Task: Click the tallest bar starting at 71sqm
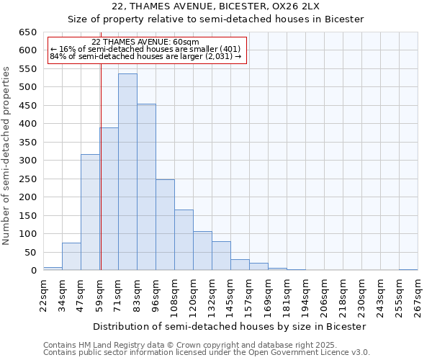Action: pos(127,172)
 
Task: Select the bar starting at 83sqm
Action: pos(146,187)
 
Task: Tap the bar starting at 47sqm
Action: pos(90,212)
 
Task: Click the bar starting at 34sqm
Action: pos(71,256)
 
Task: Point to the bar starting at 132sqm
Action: pos(221,256)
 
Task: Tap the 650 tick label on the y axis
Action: pos(27,32)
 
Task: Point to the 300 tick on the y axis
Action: pos(27,161)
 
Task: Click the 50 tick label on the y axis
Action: pos(30,252)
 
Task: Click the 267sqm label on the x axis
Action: pos(418,296)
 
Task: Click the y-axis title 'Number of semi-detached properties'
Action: pos(7,155)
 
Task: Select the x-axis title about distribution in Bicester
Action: pos(230,326)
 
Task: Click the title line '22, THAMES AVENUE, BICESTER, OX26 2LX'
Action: pos(215,6)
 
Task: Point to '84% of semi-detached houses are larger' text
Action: pos(146,58)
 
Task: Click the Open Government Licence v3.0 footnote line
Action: pos(207,353)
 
